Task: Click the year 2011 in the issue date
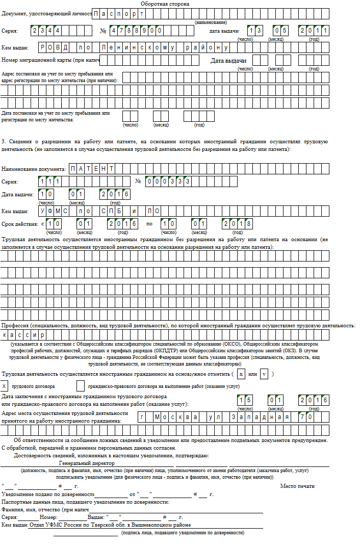pos(315,31)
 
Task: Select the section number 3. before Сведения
pos(4,141)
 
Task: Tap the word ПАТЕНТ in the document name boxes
pos(92,168)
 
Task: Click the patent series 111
pos(50,181)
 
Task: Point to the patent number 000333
pos(169,181)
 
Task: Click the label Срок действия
pos(19,224)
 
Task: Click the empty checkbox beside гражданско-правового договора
pos(81,386)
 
